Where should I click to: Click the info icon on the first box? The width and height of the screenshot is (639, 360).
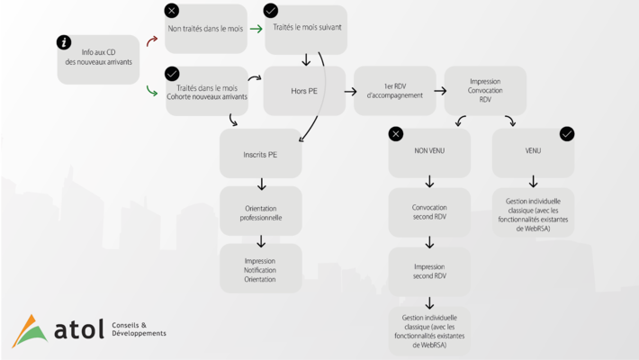64,42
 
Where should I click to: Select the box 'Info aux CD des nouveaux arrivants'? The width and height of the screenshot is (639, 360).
98,59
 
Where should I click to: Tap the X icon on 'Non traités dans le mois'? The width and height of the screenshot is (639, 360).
172,11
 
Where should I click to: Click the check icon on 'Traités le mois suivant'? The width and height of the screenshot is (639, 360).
271,11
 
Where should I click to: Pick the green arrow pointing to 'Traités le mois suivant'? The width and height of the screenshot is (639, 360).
256,29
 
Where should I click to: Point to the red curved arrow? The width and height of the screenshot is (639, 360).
151,40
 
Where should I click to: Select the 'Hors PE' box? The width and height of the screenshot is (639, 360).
304,91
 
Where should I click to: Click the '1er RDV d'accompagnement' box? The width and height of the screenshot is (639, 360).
394,91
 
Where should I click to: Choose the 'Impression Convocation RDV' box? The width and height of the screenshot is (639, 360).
485,91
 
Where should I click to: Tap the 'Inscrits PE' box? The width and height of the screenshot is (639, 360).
260,153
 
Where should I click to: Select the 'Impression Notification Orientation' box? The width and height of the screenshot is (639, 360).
260,268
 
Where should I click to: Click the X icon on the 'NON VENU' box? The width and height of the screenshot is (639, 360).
396,134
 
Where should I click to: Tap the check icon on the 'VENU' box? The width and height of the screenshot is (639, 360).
567,134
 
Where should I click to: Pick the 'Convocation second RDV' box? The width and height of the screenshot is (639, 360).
429,212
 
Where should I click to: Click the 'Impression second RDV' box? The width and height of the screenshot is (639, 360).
429,272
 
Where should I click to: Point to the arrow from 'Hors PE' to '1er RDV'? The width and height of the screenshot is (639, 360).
350,91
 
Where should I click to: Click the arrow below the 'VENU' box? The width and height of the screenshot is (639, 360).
533,182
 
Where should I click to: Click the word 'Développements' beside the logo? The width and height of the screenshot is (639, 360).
139,334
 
